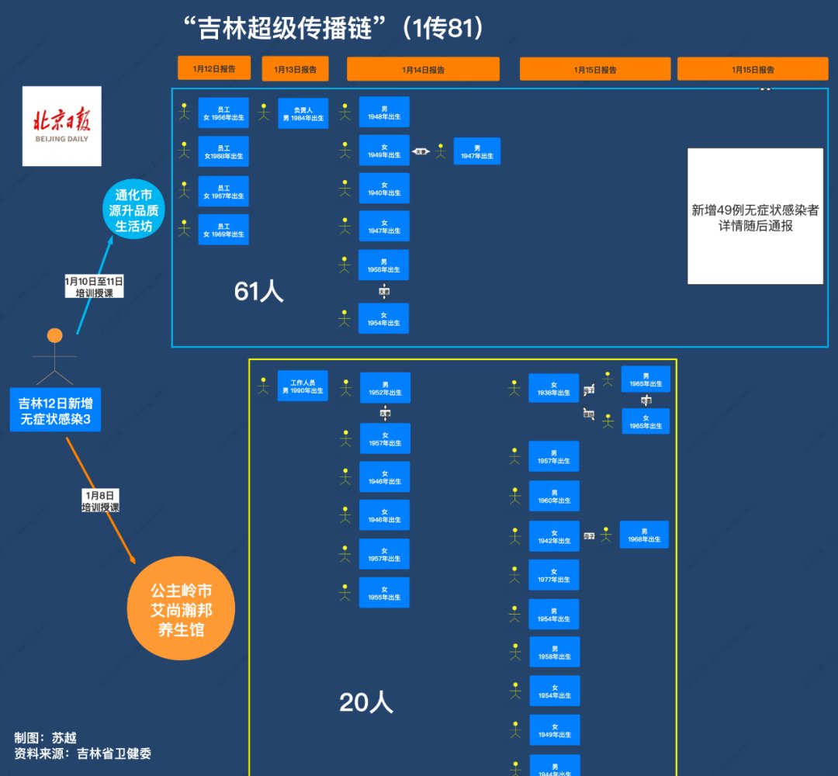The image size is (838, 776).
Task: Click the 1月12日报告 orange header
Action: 214,68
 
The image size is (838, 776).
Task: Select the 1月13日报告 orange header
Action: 295,69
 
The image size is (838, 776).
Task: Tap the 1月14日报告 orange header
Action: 423,69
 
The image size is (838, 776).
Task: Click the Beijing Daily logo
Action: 61,126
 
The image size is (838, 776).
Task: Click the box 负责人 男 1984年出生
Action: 303,113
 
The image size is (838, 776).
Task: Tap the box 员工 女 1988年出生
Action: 223,152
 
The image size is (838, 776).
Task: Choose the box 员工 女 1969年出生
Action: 223,230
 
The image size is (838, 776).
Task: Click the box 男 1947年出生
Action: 477,151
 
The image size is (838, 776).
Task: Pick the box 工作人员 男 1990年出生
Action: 303,386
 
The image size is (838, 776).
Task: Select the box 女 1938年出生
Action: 554,389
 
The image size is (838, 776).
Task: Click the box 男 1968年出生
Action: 644,535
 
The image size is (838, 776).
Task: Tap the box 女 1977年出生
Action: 554,575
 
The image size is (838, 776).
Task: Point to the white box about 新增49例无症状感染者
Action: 755,217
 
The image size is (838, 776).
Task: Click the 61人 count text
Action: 259,291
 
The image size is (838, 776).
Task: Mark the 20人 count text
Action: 366,702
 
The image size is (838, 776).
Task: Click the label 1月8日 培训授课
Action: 101,501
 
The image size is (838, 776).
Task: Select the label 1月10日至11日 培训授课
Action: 94,286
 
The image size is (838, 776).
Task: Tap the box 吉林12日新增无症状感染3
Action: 61,412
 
